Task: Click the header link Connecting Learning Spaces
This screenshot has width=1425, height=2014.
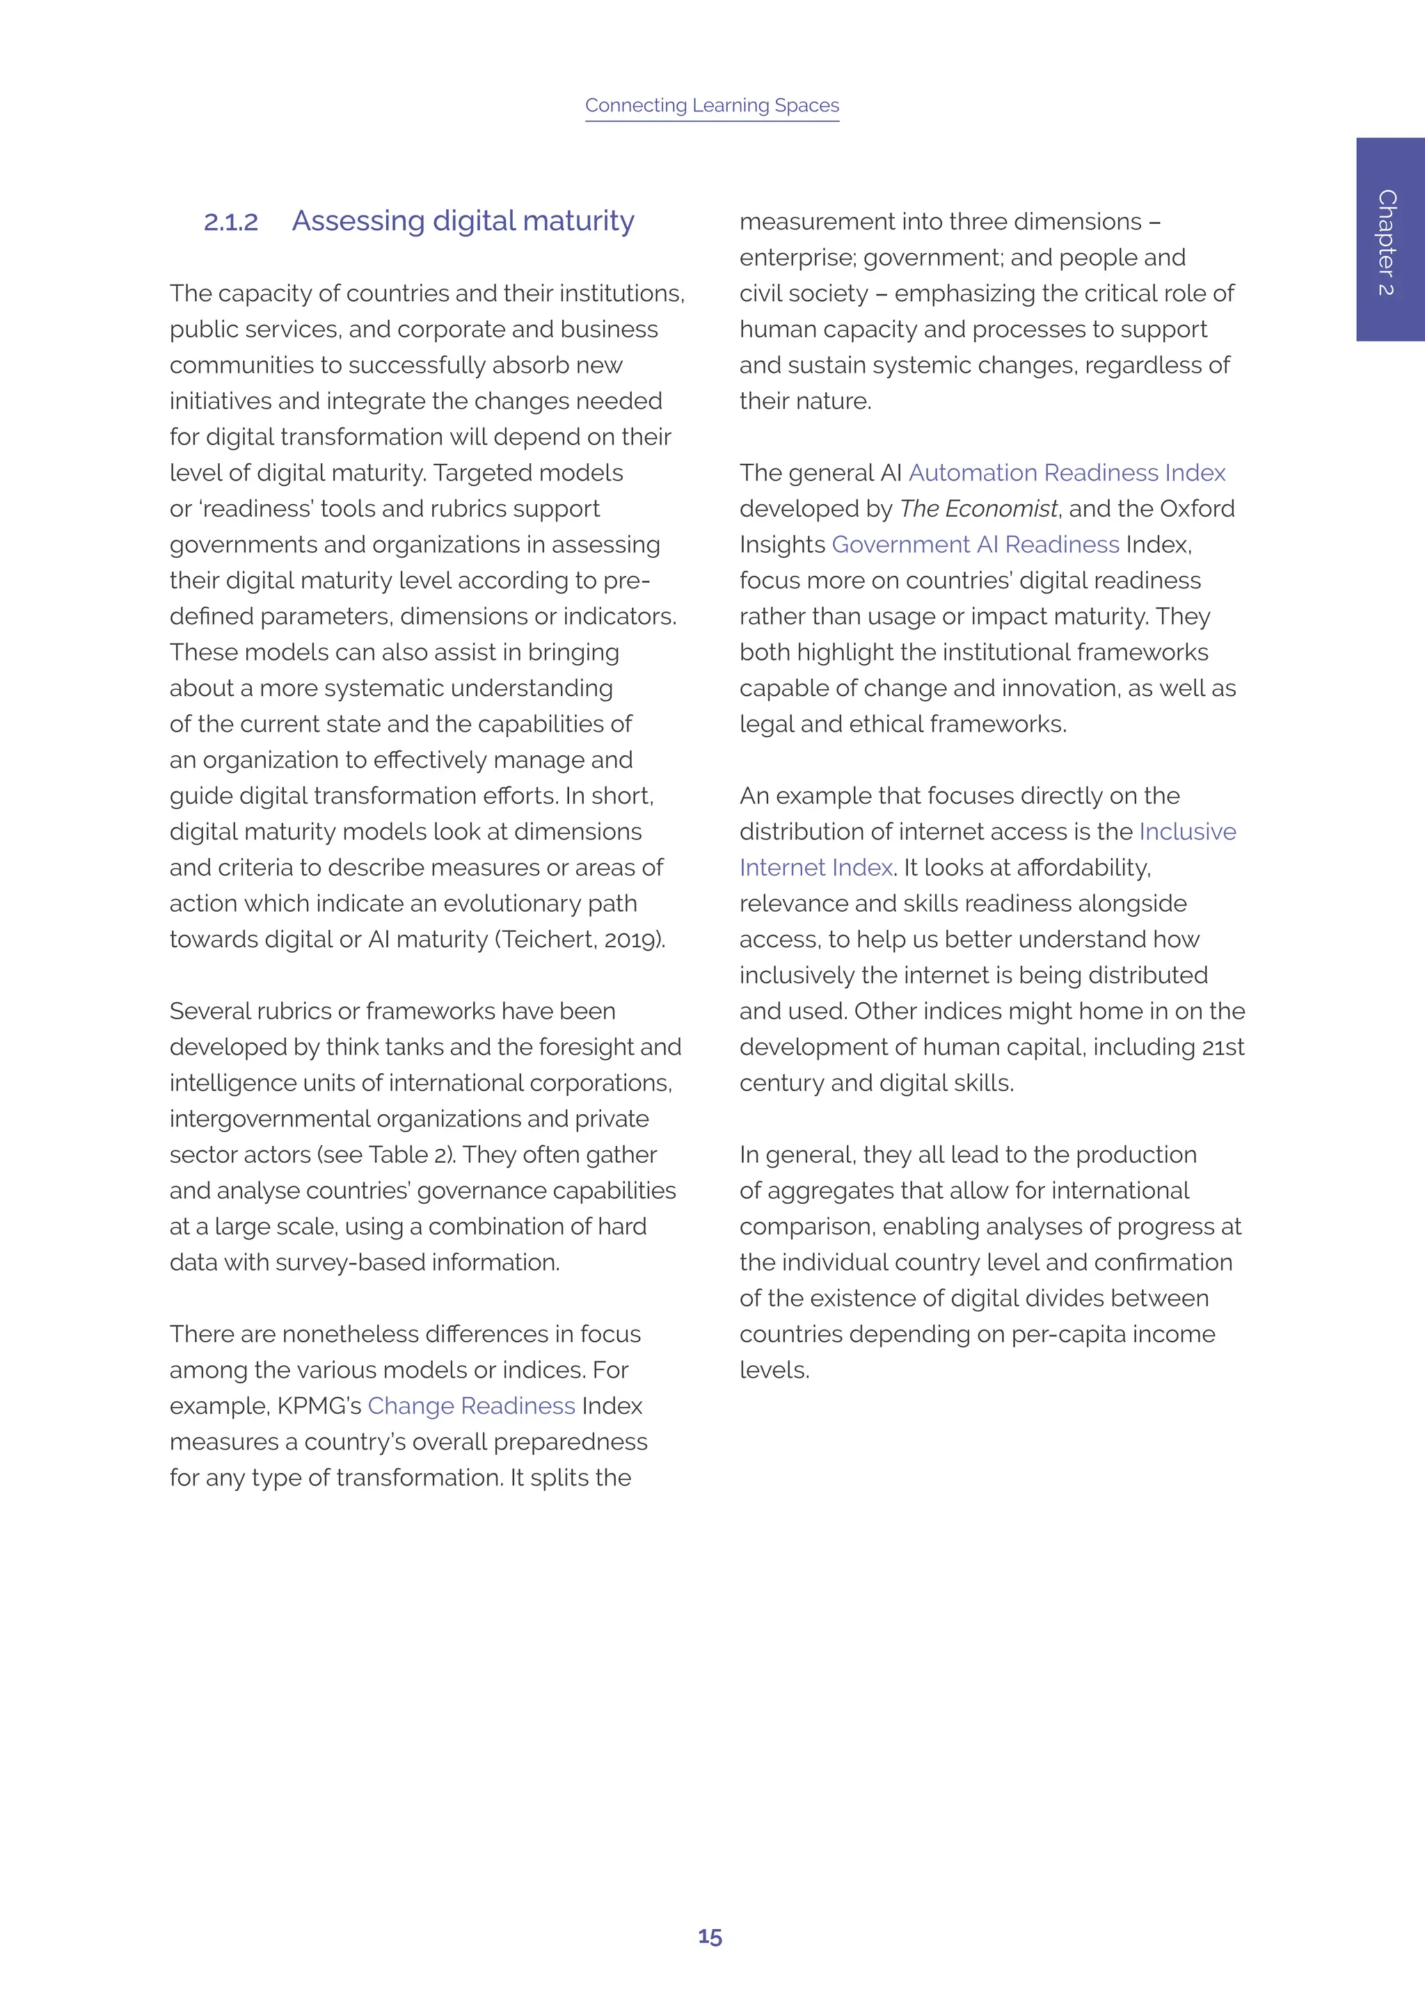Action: click(x=712, y=105)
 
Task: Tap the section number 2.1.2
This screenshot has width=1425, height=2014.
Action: click(x=231, y=222)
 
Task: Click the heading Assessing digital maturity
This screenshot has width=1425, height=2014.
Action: click(x=463, y=221)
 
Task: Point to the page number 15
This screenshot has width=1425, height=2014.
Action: click(x=710, y=1937)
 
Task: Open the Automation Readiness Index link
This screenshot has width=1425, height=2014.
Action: click(x=1066, y=473)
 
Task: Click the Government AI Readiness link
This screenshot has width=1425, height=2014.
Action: click(x=975, y=545)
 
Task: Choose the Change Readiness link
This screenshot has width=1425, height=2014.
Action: click(x=471, y=1406)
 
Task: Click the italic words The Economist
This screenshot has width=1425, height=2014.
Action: click(x=978, y=509)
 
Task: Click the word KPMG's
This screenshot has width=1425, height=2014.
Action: click(x=319, y=1406)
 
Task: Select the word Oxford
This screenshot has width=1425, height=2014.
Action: click(x=1197, y=509)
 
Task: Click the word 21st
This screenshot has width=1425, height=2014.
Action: click(x=1223, y=1047)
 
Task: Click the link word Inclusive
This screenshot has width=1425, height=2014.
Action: click(x=1187, y=832)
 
